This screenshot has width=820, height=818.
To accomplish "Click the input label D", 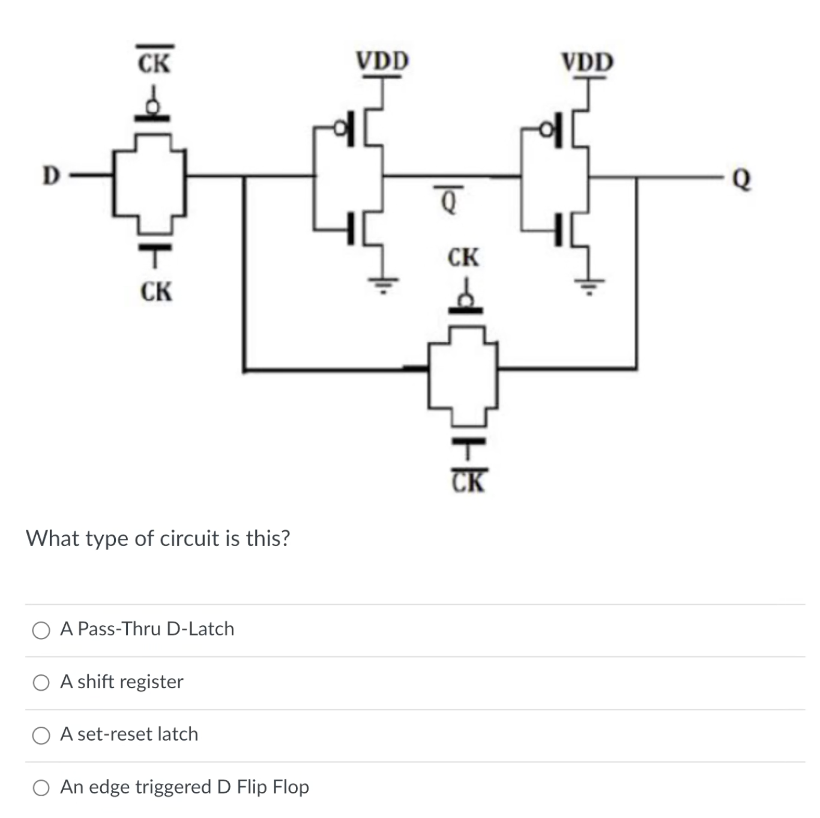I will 51,175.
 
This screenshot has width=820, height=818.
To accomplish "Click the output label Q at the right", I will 742,178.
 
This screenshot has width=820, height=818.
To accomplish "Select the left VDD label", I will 382,61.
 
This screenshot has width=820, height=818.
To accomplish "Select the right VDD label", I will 587,62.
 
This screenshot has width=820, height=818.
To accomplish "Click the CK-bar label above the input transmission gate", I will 154,61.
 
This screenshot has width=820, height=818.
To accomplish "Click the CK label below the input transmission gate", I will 156,292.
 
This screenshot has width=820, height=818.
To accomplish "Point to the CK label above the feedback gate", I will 463,258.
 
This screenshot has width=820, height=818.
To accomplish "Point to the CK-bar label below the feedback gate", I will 468,481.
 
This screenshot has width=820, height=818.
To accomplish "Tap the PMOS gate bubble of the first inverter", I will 340,127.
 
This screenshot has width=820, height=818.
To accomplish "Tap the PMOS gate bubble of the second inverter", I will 547,128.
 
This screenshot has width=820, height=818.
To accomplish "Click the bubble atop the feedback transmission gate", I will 465,300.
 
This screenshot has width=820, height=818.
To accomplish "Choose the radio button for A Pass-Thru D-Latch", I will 41,630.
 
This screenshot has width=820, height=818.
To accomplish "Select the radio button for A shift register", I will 41,683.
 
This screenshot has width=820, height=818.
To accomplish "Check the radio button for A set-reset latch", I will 41,735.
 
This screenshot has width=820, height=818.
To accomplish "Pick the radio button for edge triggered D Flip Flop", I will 41,788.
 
